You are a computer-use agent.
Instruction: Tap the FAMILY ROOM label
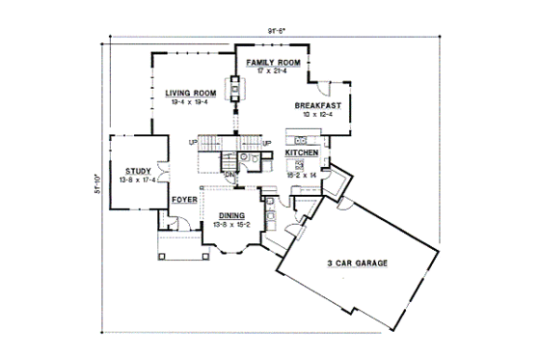tap(273, 62)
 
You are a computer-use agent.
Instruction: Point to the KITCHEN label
tap(301, 152)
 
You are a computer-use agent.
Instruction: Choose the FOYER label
tap(184, 201)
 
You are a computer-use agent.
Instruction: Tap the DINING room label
tap(231, 215)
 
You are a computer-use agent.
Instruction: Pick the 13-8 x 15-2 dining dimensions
tap(231, 225)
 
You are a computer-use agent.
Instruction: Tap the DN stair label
tap(229, 175)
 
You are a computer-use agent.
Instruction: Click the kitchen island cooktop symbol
tap(301, 164)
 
